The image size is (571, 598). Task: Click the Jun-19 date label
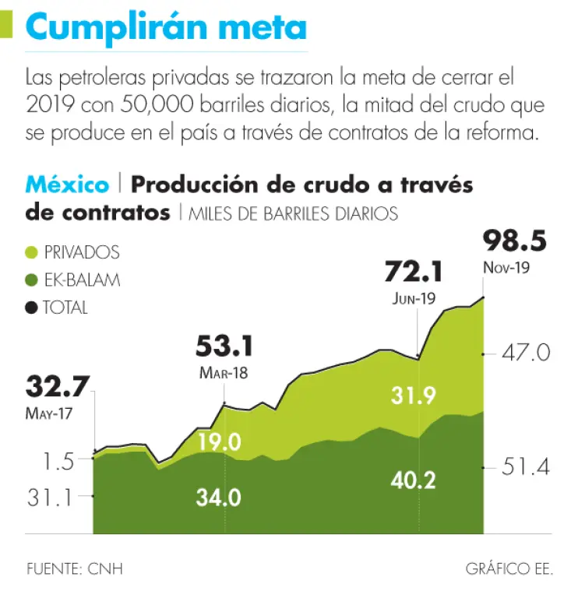pyautogui.click(x=414, y=297)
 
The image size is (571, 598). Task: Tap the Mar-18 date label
pyautogui.click(x=224, y=372)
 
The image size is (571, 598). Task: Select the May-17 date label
pyautogui.click(x=49, y=413)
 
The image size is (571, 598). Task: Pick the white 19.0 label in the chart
pyautogui.click(x=219, y=442)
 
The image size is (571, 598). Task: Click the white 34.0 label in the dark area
pyautogui.click(x=218, y=497)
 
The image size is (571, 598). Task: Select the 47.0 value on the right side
pyautogui.click(x=527, y=354)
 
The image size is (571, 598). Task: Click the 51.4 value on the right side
pyautogui.click(x=527, y=467)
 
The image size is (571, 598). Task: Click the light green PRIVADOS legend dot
pyautogui.click(x=32, y=252)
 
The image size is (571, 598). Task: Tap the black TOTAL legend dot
pyautogui.click(x=32, y=308)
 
